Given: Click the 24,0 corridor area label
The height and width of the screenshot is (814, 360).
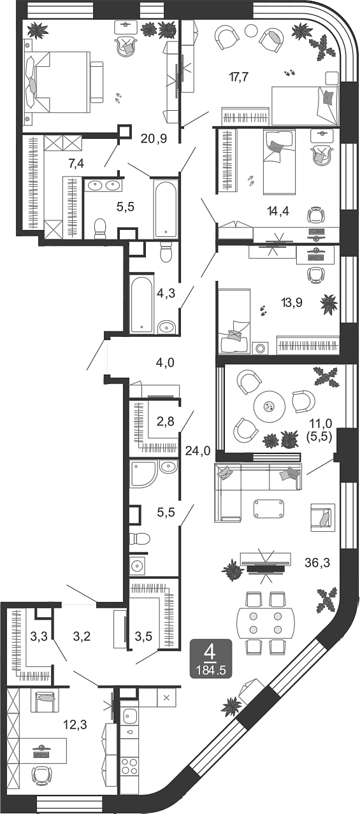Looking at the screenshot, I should point(198,451).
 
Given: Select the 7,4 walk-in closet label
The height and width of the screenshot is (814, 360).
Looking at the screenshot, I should point(76,164).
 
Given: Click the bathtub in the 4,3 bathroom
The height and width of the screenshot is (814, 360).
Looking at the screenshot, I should point(141,303).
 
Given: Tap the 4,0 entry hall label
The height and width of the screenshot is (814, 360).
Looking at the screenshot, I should point(165,363).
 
